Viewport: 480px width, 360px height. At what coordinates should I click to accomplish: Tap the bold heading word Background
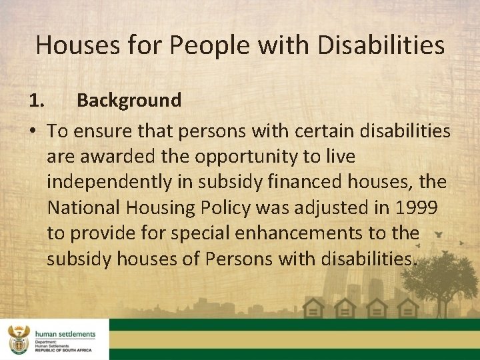pos(129,101)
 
